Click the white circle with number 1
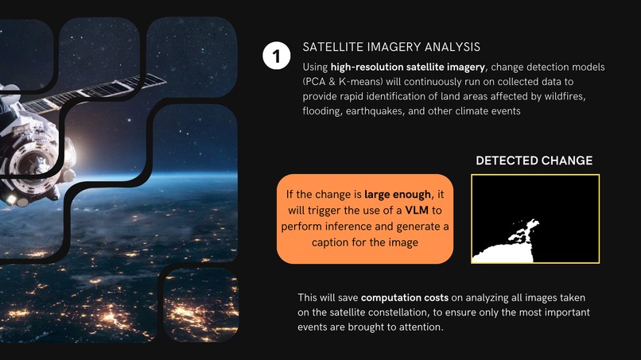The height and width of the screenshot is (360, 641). click(x=275, y=57)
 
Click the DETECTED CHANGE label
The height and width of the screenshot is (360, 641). click(x=534, y=161)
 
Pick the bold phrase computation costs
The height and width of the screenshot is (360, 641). click(x=391, y=297)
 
